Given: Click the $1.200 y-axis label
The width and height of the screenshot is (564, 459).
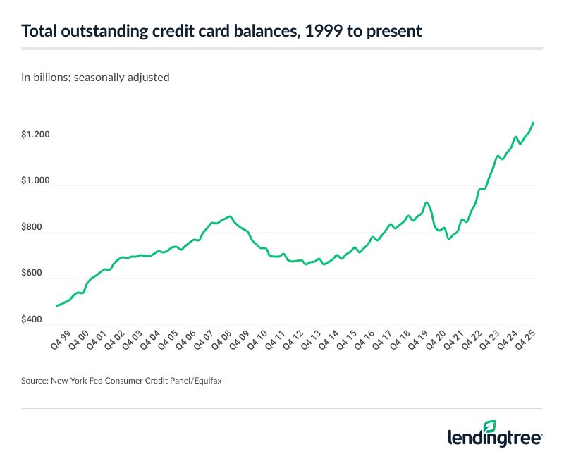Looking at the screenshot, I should coord(37,135).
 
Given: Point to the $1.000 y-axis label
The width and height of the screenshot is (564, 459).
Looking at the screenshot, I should coord(37,180).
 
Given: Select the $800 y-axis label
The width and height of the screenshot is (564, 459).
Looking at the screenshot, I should coord(33,228).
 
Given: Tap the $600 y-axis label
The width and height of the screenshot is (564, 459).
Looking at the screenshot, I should coord(33,274).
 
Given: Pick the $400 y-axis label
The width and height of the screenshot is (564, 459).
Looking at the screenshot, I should coord(33,320).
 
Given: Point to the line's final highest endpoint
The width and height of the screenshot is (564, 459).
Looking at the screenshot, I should coord(534,123).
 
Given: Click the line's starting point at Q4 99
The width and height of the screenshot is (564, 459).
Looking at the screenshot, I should coord(56,305).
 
